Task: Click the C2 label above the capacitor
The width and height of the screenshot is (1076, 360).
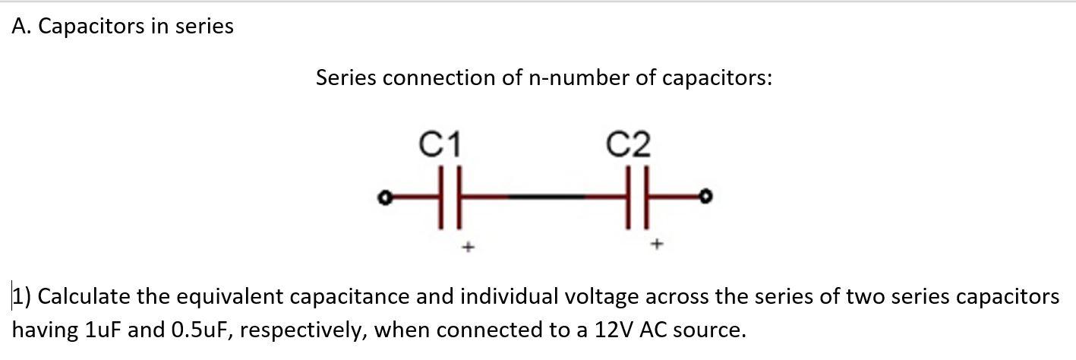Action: (x=629, y=144)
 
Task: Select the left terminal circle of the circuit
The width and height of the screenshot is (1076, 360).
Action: (x=385, y=198)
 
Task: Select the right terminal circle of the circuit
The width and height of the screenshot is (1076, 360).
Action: (x=707, y=197)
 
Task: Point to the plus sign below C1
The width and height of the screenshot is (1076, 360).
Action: (x=469, y=246)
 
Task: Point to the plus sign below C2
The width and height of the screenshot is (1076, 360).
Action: (x=658, y=245)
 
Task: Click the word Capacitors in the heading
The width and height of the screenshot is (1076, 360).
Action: (x=91, y=27)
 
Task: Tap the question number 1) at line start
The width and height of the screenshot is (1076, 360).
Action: (x=21, y=296)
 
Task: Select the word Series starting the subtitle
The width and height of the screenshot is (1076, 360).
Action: (x=346, y=77)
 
